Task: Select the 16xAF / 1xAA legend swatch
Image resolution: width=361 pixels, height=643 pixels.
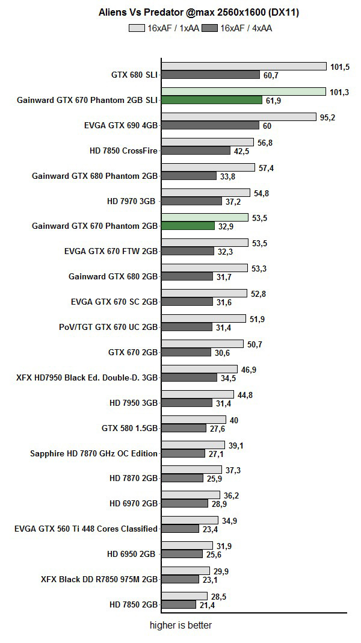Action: (x=137, y=28)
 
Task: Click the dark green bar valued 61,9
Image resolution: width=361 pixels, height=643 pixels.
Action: (x=211, y=100)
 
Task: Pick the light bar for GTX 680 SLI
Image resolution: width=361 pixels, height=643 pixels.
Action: (x=244, y=66)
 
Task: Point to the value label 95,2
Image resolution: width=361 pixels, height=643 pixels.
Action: (x=327, y=117)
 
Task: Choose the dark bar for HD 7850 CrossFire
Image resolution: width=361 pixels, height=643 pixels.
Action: (x=196, y=151)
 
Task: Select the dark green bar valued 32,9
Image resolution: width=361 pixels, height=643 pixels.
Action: (x=188, y=226)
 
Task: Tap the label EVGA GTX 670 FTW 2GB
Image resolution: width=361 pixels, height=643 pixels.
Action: (x=111, y=251)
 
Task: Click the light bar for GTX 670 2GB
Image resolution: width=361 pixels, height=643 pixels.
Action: (x=203, y=343)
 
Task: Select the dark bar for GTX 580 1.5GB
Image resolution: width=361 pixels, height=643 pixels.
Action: (x=184, y=428)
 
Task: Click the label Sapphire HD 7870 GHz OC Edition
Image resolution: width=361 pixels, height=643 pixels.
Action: (x=94, y=453)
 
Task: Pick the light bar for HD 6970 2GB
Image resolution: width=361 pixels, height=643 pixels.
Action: (x=190, y=495)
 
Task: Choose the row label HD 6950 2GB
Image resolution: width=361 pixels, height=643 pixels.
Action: (x=133, y=553)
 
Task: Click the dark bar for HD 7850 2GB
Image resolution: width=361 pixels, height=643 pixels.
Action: (x=179, y=604)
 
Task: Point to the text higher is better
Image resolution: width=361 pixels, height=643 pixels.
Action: (x=180, y=626)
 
